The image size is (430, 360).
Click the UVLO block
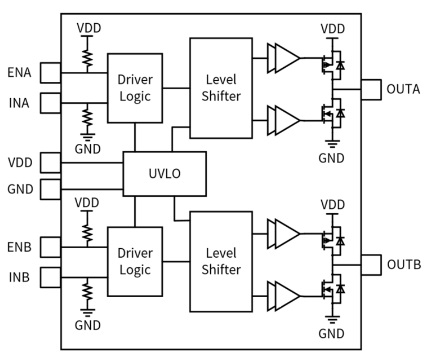click(164, 174)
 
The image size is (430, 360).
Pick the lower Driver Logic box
click(134, 260)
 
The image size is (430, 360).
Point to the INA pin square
click(51, 102)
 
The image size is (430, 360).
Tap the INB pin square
click(51, 276)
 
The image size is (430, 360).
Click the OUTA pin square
click(371, 89)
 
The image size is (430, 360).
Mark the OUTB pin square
click(371, 263)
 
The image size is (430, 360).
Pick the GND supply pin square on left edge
click(51, 188)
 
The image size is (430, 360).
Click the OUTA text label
click(403, 89)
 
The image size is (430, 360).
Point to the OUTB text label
click(403, 263)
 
